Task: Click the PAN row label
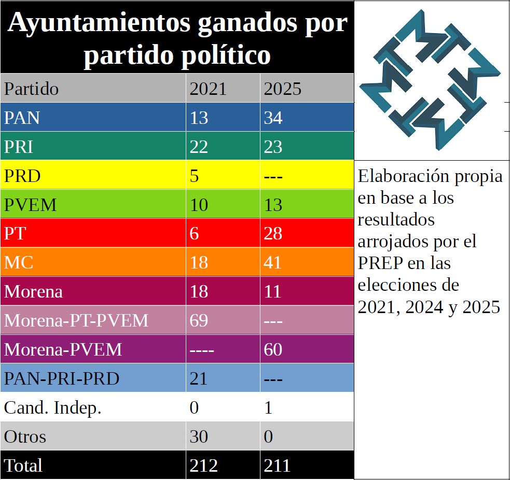(22, 118)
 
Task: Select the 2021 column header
(208, 89)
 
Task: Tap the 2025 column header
(282, 89)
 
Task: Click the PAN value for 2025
(273, 118)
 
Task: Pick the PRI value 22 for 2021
(199, 147)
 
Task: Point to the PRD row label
(22, 176)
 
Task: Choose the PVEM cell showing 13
(273, 205)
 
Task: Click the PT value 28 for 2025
(273, 233)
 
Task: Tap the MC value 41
(273, 262)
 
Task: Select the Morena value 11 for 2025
(273, 291)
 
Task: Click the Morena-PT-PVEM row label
(76, 320)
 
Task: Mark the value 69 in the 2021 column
(199, 320)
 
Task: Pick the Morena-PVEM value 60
(273, 349)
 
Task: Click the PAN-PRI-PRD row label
(62, 378)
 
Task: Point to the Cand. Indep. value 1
(268, 407)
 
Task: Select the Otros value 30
(199, 436)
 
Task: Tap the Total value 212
(203, 465)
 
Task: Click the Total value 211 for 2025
(277, 465)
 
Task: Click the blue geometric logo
(431, 80)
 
